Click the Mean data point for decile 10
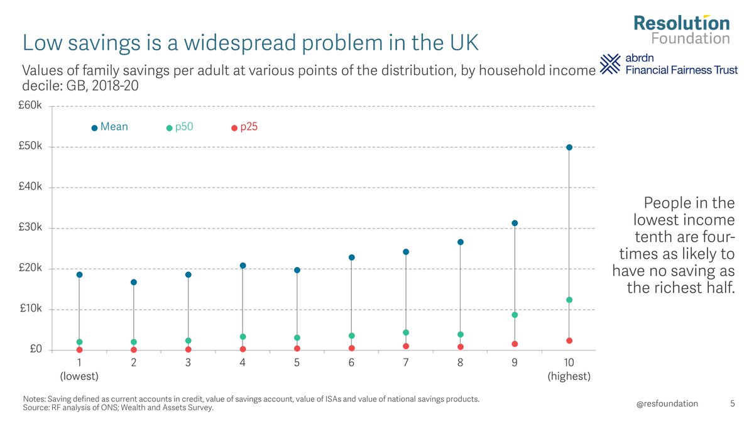[x=569, y=148]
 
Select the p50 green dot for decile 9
[x=515, y=315]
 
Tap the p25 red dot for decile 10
[x=569, y=340]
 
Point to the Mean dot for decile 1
[x=79, y=275]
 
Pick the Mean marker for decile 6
[x=352, y=258]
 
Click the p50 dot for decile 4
[x=243, y=337]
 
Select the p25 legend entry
[x=244, y=127]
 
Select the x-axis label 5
[x=297, y=363]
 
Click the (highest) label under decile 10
[x=569, y=376]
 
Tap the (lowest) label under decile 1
[x=79, y=376]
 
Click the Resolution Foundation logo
[x=681, y=30]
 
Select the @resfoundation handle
[x=667, y=403]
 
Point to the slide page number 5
[x=733, y=403]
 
